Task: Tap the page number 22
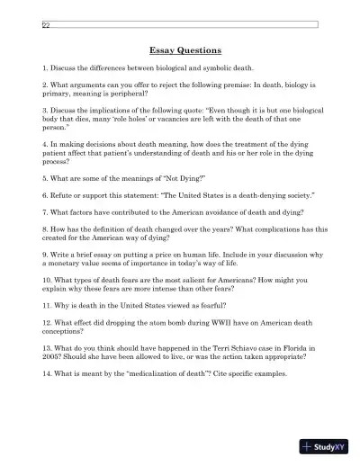coord(45,25)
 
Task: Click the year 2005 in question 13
coord(52,356)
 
